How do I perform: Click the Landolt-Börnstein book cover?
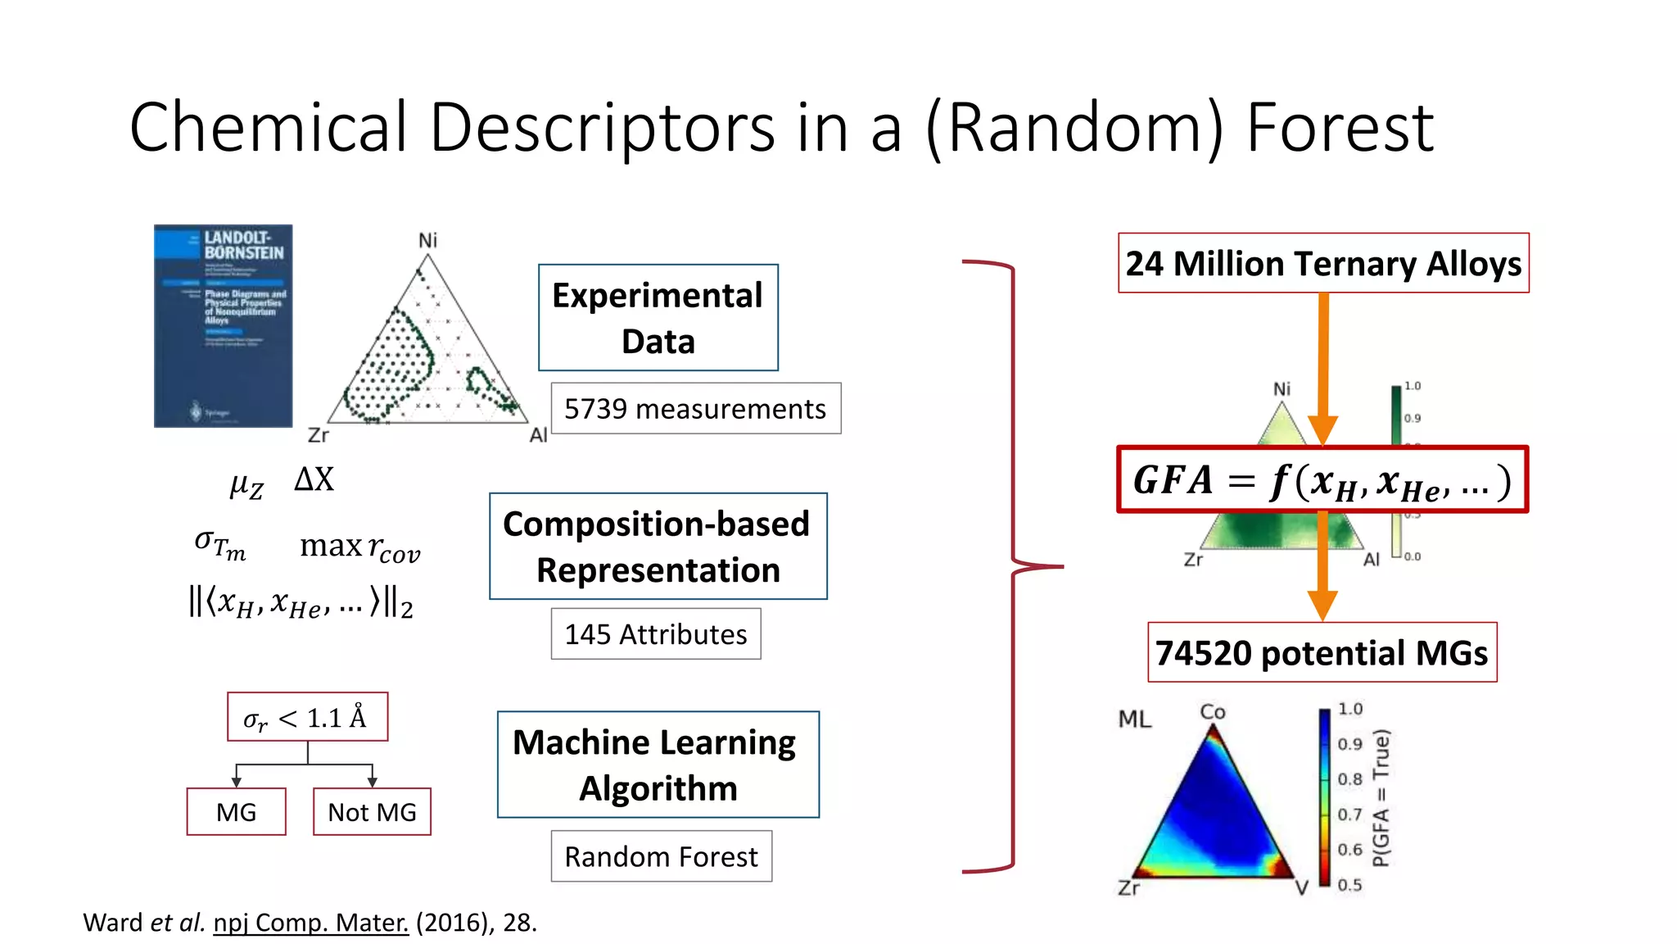[223, 325]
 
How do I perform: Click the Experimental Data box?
[658, 318]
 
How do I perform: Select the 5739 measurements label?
[695, 408]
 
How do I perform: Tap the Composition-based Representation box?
[658, 547]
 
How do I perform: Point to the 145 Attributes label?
[655, 634]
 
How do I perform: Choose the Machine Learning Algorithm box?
[658, 765]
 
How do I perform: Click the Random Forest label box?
[661, 856]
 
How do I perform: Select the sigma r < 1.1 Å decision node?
[307, 718]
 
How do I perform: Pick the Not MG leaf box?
[372, 812]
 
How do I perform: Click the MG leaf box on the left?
[236, 812]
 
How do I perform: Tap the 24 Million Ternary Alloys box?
[1323, 264]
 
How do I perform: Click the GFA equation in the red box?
[1322, 480]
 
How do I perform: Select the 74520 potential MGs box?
[1322, 653]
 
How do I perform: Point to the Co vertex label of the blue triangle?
[1212, 711]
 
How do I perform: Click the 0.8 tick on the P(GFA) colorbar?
[1349, 779]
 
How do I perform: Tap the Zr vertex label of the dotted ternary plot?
[318, 435]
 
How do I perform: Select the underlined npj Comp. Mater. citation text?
[310, 923]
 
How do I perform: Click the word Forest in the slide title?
[1340, 128]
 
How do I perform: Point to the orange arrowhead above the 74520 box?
[1322, 605]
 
